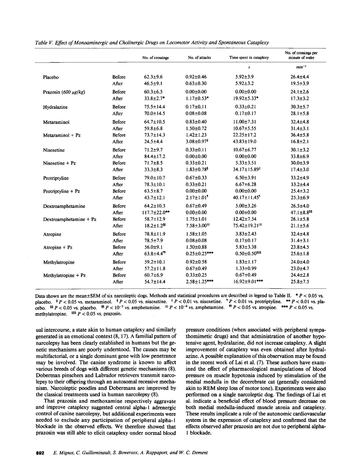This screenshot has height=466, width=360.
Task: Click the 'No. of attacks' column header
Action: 199,58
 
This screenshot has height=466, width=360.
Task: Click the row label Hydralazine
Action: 55,107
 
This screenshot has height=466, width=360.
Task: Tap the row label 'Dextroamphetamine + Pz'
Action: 70,219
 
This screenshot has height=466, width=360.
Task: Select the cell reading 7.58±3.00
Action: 196,226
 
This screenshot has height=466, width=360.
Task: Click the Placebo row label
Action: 50,77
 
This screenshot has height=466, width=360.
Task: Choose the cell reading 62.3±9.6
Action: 153,77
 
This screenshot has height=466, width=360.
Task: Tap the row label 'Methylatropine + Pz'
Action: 65,275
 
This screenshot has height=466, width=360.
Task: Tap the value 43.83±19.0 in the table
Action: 246,142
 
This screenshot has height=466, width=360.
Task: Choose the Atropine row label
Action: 52,234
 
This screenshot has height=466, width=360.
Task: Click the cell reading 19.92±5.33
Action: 245,99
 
